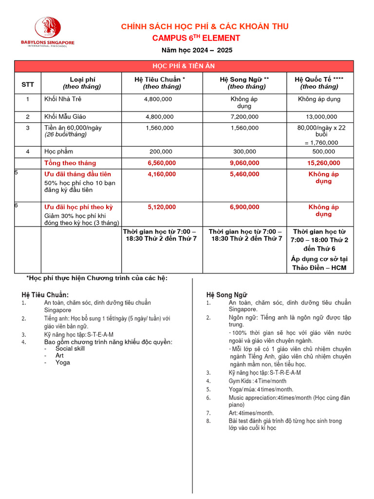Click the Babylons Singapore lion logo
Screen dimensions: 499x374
point(47,28)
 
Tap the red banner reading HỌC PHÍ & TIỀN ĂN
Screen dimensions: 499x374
point(184,66)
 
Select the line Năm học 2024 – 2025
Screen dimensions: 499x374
point(197,50)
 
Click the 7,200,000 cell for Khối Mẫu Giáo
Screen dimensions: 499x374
point(244,117)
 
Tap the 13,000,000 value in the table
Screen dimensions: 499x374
point(319,117)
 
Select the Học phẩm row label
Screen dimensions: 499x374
point(59,152)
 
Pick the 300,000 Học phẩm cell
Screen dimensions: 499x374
point(244,152)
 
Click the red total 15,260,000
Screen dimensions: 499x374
point(319,163)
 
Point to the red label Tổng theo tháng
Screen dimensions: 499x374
point(70,163)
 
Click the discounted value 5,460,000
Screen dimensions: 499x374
point(244,174)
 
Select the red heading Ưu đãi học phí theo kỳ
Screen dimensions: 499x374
point(78,207)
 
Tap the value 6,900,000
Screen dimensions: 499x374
point(244,207)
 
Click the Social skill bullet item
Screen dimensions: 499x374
point(70,349)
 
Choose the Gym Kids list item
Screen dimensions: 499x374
point(258,381)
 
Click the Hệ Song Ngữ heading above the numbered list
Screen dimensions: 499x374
point(227,295)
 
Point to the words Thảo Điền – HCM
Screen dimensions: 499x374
point(319,268)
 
